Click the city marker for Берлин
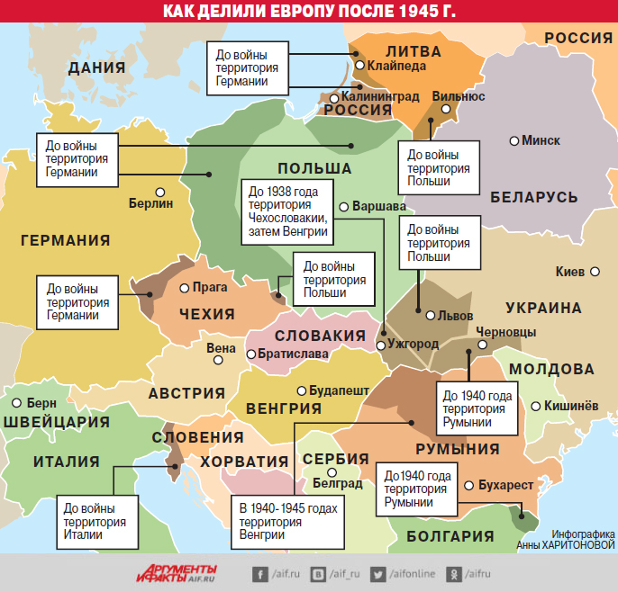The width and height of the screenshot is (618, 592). click(x=160, y=191)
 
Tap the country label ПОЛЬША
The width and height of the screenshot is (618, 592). click(x=314, y=169)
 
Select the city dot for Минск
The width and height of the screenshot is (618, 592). click(x=514, y=140)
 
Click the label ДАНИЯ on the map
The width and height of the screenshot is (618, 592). click(x=95, y=67)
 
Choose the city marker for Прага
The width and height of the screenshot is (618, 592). click(x=184, y=289)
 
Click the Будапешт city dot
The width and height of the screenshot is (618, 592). click(x=301, y=391)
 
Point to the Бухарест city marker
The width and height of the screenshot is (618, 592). click(x=468, y=485)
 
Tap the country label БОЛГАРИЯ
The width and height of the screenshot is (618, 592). click(x=450, y=536)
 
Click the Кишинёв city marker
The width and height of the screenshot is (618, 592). click(x=537, y=406)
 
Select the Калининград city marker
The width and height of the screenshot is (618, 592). click(x=333, y=98)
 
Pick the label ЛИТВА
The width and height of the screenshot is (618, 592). click(x=413, y=51)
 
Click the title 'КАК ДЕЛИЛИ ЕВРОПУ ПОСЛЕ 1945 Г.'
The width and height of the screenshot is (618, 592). click(x=309, y=12)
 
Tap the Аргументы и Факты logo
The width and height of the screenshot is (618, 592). click(x=177, y=572)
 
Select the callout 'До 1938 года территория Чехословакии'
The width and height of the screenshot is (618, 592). click(x=286, y=211)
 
